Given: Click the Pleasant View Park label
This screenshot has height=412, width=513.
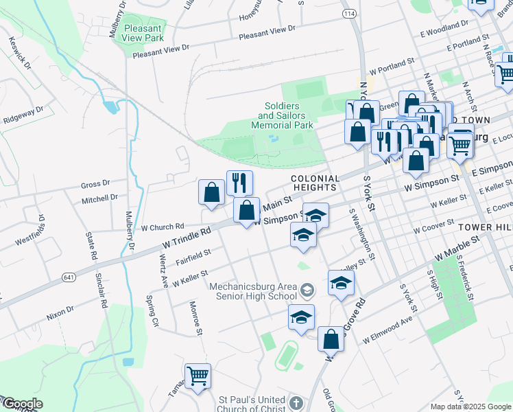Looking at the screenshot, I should click(143, 33).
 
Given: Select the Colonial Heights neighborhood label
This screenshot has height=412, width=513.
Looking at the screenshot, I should click(314, 182).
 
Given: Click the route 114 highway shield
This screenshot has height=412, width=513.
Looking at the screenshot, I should click(350, 13).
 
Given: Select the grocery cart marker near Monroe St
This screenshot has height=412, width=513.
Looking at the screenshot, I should click(198, 376).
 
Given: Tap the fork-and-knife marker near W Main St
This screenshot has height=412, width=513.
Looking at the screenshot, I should click(239, 183).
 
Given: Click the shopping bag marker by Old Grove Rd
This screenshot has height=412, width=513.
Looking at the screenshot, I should click(331, 339).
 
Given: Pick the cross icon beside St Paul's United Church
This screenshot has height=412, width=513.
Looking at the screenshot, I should click(296, 403).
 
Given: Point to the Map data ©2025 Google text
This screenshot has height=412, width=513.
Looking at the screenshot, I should click(470, 407).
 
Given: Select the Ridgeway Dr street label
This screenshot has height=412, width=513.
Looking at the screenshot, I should click(23, 114).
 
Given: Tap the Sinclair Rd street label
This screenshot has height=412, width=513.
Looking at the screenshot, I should click(104, 293).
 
